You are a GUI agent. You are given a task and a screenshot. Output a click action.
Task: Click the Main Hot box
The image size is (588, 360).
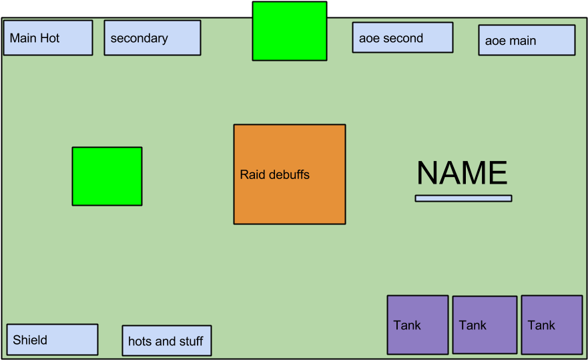pyautogui.click(x=48, y=38)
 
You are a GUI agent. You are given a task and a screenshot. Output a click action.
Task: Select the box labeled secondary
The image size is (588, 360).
pyautogui.click(x=152, y=38)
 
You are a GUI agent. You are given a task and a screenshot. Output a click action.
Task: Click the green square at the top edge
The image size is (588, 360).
pyautogui.click(x=290, y=31)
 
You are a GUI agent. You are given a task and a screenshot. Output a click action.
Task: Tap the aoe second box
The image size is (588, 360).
pyautogui.click(x=402, y=37)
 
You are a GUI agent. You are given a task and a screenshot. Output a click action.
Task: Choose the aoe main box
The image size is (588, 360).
pyautogui.click(x=527, y=40)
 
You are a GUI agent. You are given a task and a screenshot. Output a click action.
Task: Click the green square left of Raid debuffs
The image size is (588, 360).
pyautogui.click(x=107, y=176)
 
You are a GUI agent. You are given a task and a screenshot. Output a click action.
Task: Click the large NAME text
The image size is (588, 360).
pyautogui.click(x=462, y=174)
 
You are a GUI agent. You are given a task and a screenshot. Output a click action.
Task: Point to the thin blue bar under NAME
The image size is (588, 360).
pyautogui.click(x=463, y=198)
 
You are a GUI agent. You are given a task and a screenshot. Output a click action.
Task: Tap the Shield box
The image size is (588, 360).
pyautogui.click(x=52, y=339)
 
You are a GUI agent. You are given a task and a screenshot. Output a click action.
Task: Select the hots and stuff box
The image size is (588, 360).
pyautogui.click(x=167, y=341)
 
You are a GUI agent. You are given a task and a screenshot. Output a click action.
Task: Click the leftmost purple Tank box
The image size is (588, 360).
pyautogui.click(x=418, y=325)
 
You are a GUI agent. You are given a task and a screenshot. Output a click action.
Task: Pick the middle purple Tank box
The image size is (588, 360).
pyautogui.click(x=485, y=325)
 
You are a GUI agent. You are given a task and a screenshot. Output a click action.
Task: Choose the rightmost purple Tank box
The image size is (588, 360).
pyautogui.click(x=552, y=325)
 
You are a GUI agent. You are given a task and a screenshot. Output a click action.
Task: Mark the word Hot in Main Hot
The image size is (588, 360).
pyautogui.click(x=50, y=38)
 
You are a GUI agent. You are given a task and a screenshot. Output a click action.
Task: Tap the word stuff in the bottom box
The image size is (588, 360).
pyautogui.click(x=190, y=341)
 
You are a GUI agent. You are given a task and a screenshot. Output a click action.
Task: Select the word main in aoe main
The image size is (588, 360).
pyautogui.click(x=523, y=41)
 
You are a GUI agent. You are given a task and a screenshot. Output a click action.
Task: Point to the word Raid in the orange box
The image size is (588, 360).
pyautogui.click(x=252, y=175)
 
